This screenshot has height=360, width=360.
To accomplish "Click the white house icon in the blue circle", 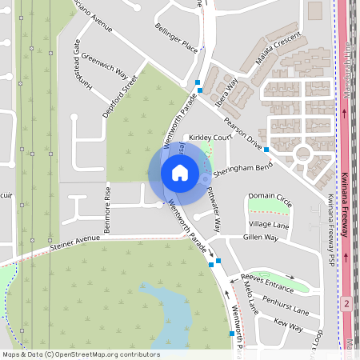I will point(180,172).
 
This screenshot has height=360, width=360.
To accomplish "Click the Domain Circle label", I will point(270,196).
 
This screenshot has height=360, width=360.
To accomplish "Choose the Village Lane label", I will point(269,225).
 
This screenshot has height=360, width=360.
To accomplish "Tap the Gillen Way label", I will point(261,238).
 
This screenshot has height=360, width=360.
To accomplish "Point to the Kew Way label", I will point(289,326).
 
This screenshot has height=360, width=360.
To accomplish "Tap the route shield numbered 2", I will point(346,304).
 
